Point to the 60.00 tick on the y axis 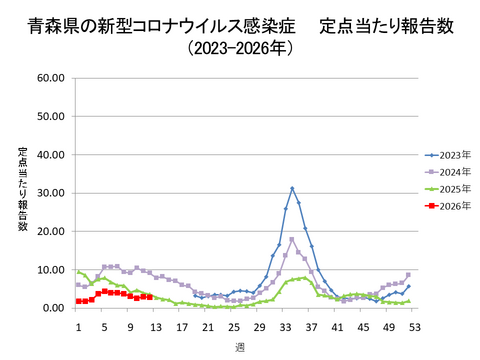50,77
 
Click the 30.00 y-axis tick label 50,193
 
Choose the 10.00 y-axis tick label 50,270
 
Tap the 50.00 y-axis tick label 50,116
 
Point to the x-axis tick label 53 414,326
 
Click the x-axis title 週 240,346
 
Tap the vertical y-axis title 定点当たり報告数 22,190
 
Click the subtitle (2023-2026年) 240,48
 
